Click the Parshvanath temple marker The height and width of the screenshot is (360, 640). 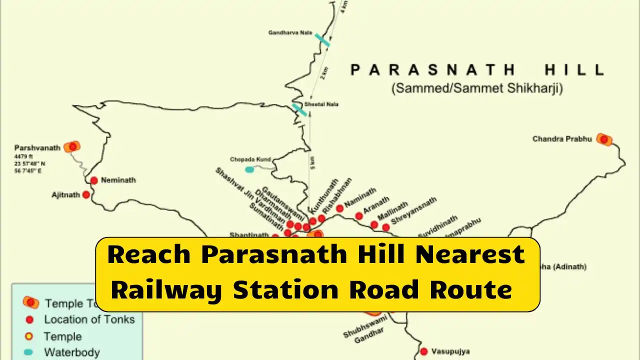[x=73, y=146]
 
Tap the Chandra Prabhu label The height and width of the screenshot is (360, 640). [x=562, y=138]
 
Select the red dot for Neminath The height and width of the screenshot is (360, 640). [x=93, y=180]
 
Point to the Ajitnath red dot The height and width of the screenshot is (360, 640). [x=86, y=194]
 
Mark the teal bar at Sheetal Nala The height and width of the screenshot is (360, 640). [x=299, y=110]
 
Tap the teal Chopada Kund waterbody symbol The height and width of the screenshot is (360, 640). [x=249, y=169]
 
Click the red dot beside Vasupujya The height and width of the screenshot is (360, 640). [x=424, y=351]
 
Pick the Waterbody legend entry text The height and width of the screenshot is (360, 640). [x=72, y=352]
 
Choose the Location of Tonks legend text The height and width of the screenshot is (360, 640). [x=89, y=319]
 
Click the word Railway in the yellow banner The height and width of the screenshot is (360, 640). [x=166, y=290]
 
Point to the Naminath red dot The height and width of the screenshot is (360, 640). [x=340, y=208]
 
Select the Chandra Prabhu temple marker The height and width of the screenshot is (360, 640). [x=604, y=139]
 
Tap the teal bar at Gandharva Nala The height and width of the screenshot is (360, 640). [x=322, y=40]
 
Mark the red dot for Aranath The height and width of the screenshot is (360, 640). [x=359, y=216]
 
